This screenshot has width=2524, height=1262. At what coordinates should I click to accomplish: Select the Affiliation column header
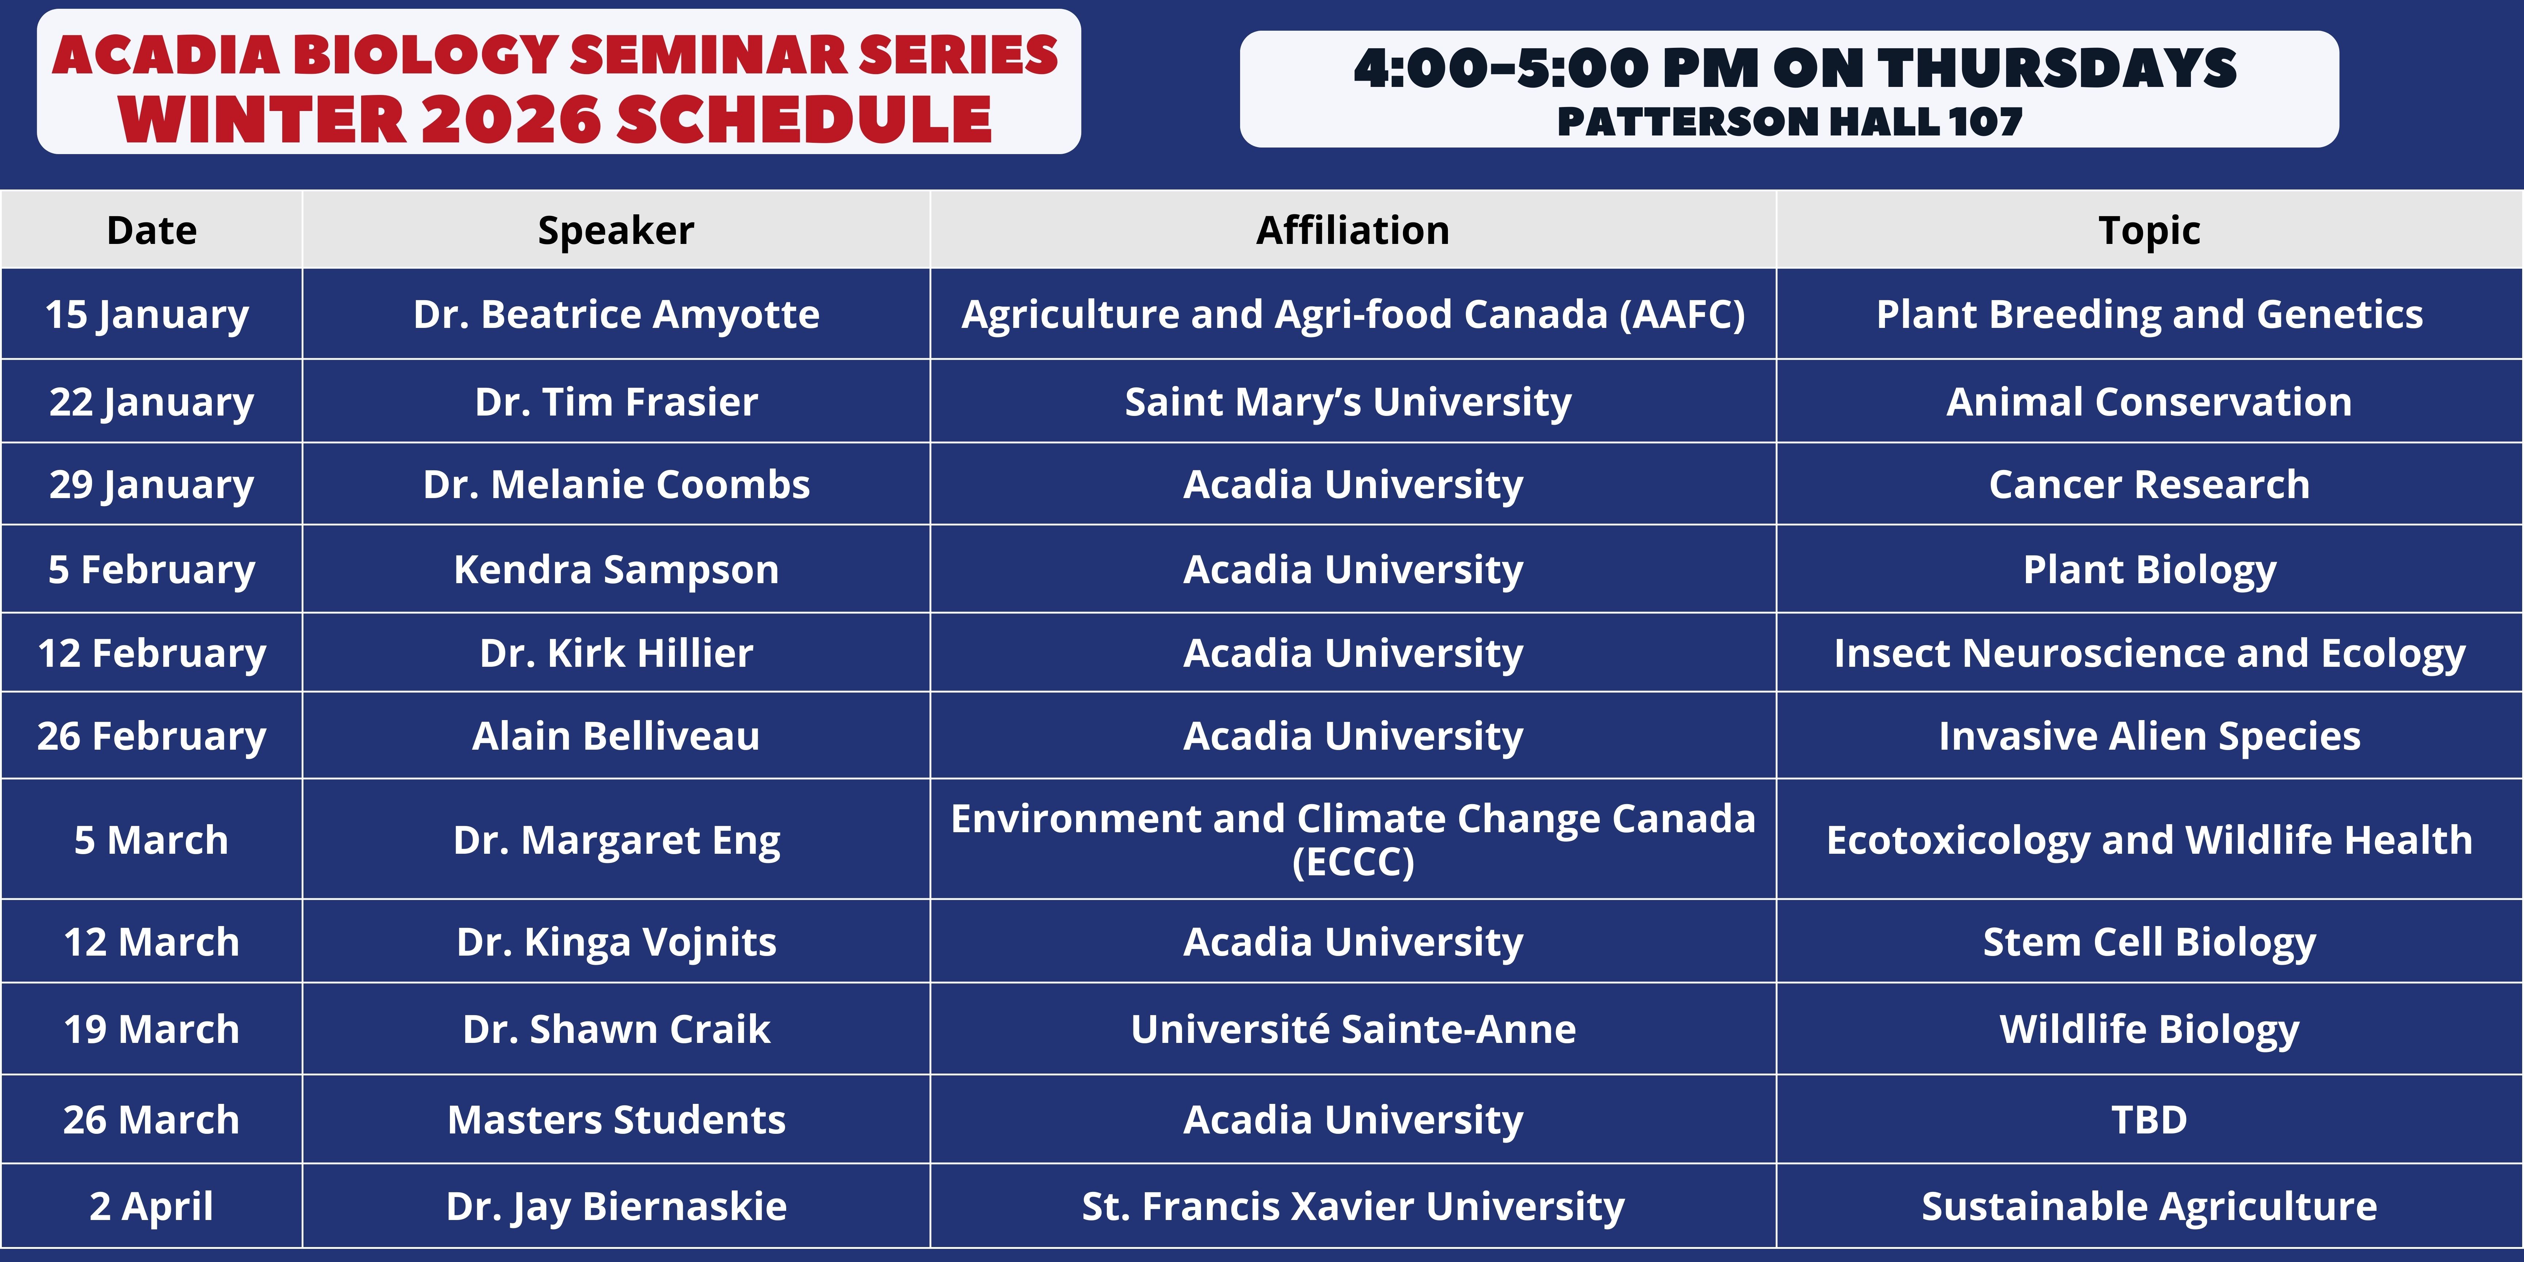pos(1353,230)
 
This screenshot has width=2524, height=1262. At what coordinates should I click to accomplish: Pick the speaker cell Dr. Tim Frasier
pos(616,402)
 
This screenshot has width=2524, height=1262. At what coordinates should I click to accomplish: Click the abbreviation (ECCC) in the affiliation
pos(1353,862)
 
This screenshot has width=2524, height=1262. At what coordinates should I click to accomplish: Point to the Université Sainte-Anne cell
pos(1353,1029)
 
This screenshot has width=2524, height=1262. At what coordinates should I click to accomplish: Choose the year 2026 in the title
pos(510,119)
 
